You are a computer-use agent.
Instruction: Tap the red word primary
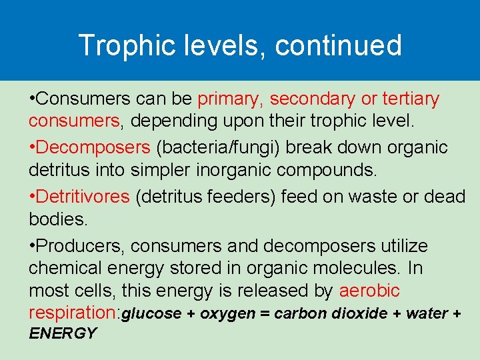point(231,99)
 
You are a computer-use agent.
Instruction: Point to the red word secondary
point(313,99)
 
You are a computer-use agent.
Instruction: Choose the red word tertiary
point(411,99)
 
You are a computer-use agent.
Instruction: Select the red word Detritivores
point(83,197)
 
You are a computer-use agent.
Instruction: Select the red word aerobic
point(369,291)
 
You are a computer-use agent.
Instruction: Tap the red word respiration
point(71,313)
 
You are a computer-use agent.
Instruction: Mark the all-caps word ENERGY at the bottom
point(63,333)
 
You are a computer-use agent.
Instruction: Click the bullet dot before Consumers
point(32,99)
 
